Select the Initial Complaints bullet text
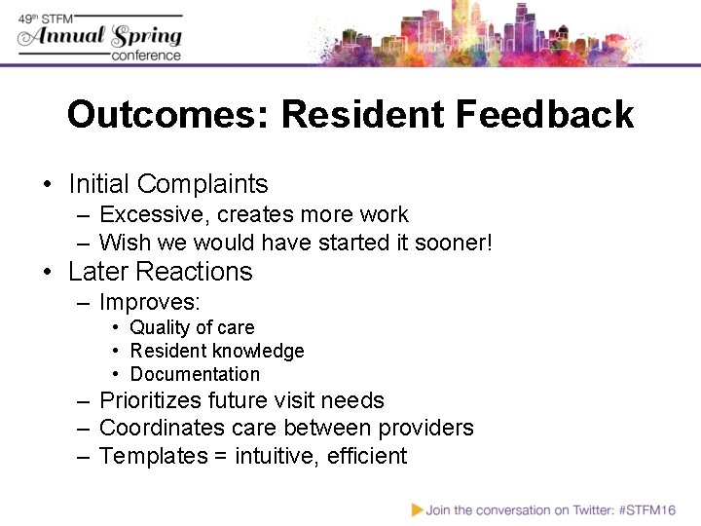(x=168, y=184)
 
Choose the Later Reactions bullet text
(x=161, y=272)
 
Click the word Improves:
(x=149, y=302)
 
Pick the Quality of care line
(x=192, y=328)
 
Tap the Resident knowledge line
(x=217, y=351)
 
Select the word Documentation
(x=195, y=374)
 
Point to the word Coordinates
(x=161, y=428)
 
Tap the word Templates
(x=149, y=456)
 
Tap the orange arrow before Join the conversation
(x=417, y=508)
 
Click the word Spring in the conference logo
(x=146, y=36)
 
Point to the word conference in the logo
(x=146, y=56)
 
